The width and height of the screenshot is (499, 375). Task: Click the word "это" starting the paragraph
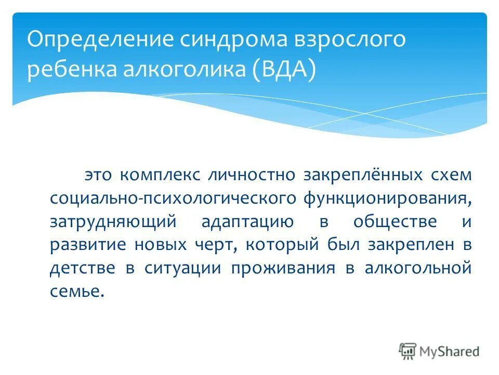click(99, 174)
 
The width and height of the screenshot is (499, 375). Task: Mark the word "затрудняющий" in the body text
click(114, 221)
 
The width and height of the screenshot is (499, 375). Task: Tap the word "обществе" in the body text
click(395, 221)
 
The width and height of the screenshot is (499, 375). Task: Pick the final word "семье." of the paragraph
click(77, 292)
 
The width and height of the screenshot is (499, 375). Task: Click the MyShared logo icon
click(408, 352)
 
